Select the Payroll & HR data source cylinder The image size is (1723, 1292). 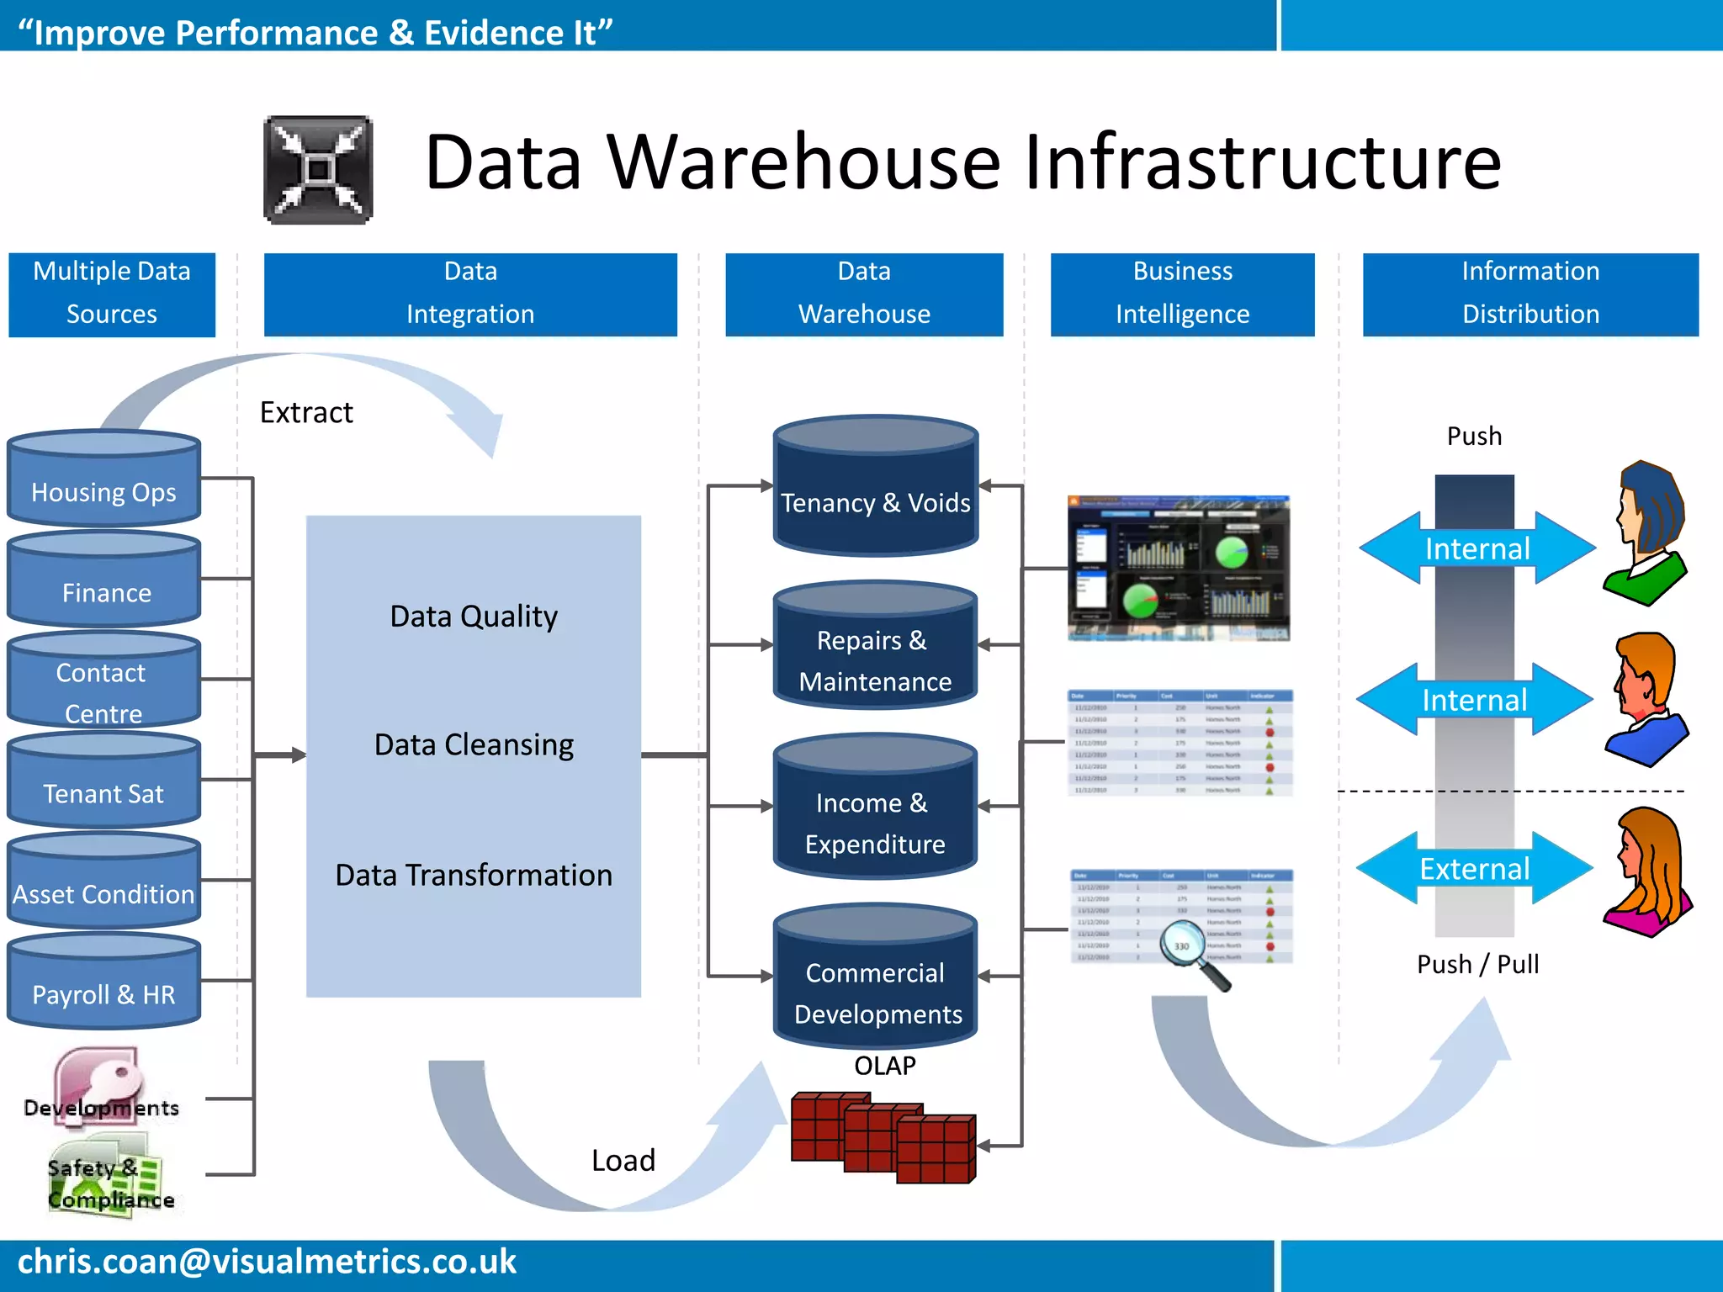click(x=103, y=984)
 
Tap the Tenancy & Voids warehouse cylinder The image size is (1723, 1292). click(x=875, y=488)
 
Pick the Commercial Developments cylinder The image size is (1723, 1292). click(x=875, y=980)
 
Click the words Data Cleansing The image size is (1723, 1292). click(x=474, y=745)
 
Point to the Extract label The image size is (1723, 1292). click(x=306, y=412)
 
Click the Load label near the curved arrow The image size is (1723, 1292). click(x=623, y=1161)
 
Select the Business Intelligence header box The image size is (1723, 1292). click(x=1182, y=294)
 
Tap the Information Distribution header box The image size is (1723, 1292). click(x=1529, y=294)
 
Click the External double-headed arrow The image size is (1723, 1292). click(x=1474, y=868)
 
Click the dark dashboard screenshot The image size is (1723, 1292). click(x=1178, y=568)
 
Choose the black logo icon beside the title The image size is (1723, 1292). click(x=318, y=170)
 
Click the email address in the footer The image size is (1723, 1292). click(x=267, y=1262)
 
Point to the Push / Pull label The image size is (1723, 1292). click(x=1477, y=964)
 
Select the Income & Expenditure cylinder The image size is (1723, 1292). click(x=875, y=812)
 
